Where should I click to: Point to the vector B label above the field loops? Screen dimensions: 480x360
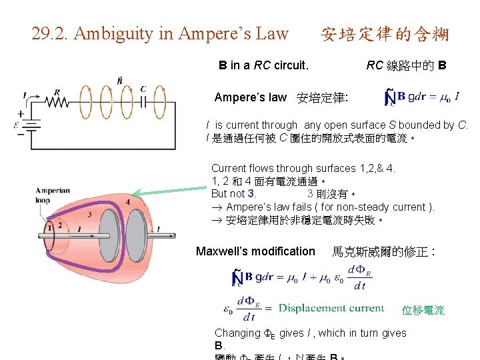pos(120,81)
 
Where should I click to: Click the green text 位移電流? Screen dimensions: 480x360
pos(423,310)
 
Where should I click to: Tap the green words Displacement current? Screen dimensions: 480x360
pos(331,308)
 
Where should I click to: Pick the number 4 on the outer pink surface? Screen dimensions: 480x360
pos(127,202)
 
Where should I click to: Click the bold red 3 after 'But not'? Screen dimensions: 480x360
pos(251,194)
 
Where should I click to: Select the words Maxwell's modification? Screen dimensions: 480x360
pos(255,251)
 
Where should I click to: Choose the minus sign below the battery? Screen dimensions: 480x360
pos(20,134)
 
